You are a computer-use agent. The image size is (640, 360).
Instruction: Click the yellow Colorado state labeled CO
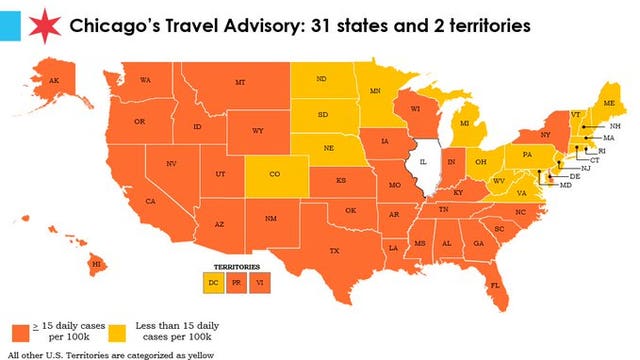point(275,173)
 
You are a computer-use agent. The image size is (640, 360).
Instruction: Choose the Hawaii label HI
point(97,263)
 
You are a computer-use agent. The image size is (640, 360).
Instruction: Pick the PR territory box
point(237,284)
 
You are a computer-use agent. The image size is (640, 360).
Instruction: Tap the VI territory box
point(259,284)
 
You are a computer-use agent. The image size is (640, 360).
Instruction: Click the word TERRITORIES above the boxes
point(237,268)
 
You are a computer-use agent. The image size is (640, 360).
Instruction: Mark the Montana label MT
point(241,83)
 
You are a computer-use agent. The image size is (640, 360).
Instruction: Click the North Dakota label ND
point(321,79)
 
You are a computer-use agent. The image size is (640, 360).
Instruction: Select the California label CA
point(150,202)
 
